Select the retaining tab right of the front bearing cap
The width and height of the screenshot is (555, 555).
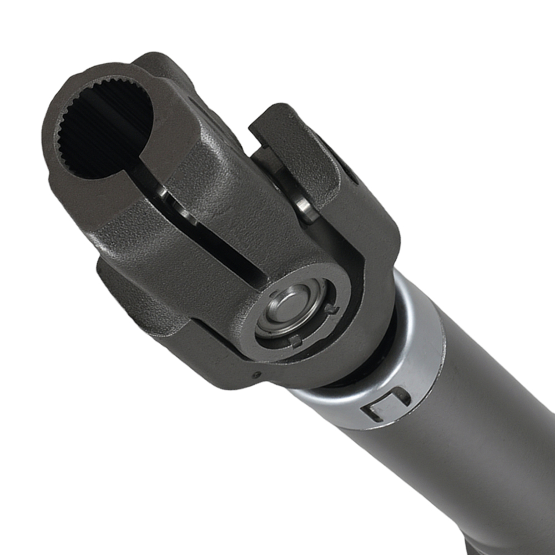click(332, 309)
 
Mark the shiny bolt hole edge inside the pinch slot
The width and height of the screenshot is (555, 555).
click(167, 194)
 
